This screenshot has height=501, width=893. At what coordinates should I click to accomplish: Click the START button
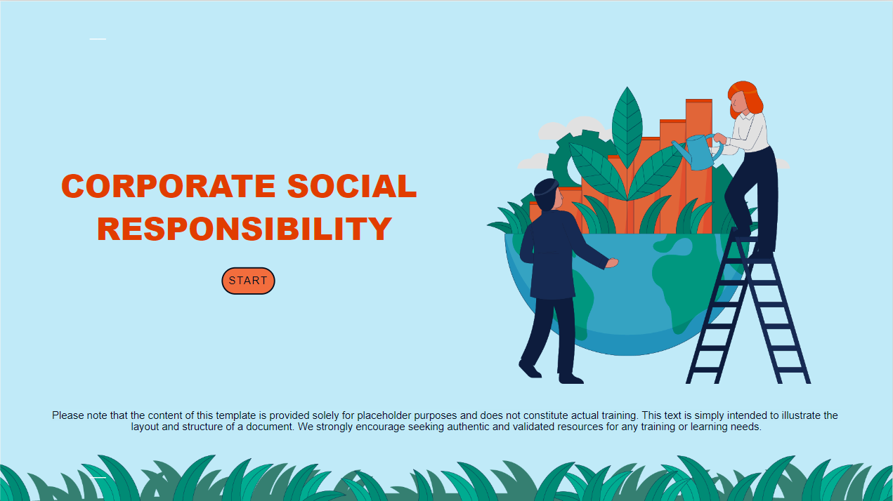point(248,281)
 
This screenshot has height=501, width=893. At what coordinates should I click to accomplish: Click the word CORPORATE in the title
point(168,186)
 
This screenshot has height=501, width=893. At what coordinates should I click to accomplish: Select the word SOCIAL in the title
point(352,186)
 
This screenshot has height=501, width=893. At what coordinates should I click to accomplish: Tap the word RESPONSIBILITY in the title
point(245,229)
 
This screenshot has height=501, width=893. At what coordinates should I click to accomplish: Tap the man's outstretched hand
point(611,263)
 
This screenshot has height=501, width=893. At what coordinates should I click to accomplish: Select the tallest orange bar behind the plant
point(699,166)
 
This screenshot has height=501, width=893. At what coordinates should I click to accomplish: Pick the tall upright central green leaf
point(627,128)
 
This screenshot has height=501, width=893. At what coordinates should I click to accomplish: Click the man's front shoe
point(571,379)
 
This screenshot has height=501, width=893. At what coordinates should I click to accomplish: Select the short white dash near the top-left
point(98,39)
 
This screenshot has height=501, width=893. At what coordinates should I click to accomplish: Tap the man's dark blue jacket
point(558,255)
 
